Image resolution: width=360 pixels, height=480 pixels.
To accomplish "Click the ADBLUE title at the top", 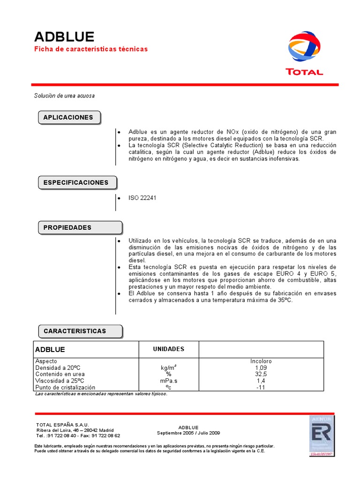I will click(64, 37).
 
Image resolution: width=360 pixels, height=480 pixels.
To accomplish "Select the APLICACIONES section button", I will click(68, 118).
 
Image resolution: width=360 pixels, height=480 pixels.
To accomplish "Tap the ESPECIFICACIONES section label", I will click(76, 183).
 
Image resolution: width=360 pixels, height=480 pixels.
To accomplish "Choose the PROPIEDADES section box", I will click(67, 228).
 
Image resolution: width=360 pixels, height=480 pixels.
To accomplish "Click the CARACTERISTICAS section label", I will click(75, 331).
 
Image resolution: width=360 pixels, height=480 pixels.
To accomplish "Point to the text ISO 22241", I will click(142, 198).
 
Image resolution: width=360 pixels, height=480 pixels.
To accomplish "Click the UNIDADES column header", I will click(169, 349).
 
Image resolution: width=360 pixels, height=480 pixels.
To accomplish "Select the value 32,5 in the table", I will click(261, 375).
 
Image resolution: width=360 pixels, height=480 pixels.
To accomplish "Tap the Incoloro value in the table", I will click(261, 361).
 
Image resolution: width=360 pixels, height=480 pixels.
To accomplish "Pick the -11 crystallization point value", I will click(261, 388).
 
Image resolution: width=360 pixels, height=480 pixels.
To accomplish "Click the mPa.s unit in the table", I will click(169, 381).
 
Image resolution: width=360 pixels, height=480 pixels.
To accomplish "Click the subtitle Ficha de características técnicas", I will click(91, 49).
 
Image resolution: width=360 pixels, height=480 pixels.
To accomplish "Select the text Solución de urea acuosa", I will click(64, 96).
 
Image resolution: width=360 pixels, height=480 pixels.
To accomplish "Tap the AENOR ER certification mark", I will click(321, 435).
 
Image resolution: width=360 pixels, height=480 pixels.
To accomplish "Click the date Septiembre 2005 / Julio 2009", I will click(188, 433).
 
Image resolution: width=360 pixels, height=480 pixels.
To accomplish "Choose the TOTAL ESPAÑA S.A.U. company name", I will click(62, 425).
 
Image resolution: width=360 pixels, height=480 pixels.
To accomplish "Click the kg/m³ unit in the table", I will click(169, 368).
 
